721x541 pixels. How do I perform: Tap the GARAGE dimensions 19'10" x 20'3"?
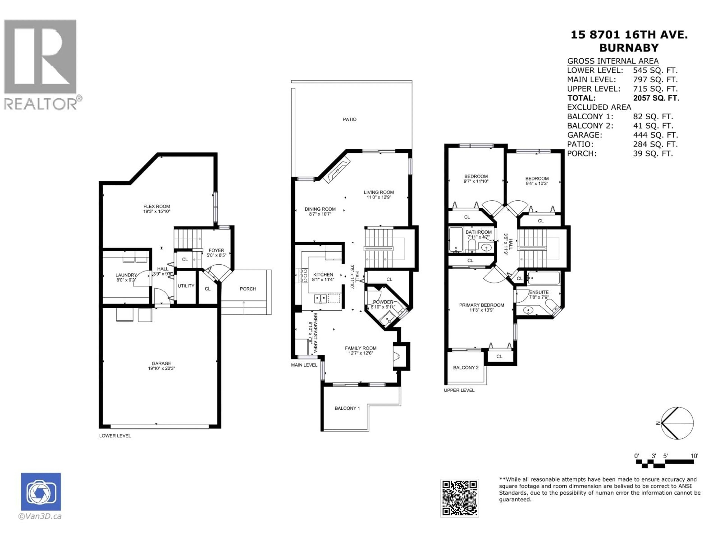pos(161,369)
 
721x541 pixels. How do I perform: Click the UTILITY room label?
pos(186,286)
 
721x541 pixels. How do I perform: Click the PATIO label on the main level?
pos(349,119)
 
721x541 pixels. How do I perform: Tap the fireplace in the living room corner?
pos(338,170)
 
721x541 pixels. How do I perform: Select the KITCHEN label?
pos(323,275)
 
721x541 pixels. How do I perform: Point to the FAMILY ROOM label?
pos(360,348)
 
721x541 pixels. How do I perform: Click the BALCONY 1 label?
pos(347,408)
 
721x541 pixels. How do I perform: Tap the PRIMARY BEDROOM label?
pos(481,305)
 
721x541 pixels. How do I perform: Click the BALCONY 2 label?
pos(466,367)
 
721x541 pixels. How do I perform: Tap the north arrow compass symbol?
pos(677,423)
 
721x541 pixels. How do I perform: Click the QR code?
pos(459,498)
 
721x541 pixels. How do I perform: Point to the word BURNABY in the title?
pos(629,48)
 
